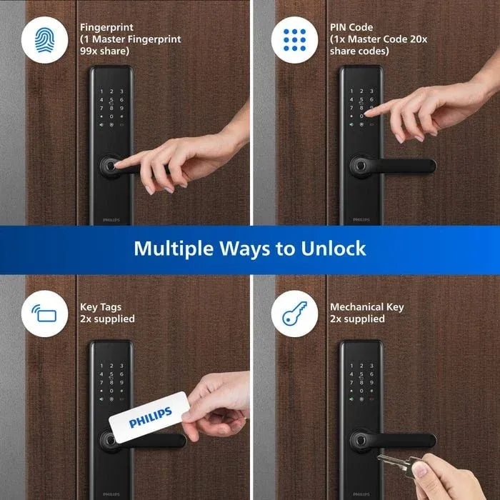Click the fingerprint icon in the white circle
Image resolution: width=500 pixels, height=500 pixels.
pos(44,41)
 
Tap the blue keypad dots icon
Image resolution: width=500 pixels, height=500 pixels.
pos(294,41)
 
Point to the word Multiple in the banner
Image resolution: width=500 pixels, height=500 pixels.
pos(174,249)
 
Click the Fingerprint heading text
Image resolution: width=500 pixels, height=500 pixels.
pos(106,28)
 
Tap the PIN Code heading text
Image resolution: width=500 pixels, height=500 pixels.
pos(351,28)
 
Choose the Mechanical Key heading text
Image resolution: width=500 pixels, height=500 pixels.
pos(366,307)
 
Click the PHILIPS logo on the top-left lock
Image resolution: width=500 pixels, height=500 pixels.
pos(111,221)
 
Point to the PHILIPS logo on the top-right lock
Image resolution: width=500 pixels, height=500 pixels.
pos(361,221)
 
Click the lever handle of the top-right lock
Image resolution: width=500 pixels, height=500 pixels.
pos(400,166)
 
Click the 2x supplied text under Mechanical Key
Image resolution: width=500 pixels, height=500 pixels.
pos(356,319)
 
